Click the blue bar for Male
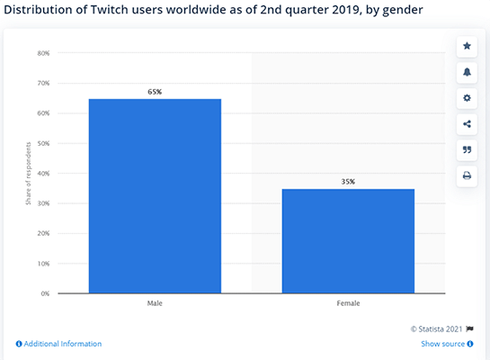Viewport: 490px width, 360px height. (155, 195)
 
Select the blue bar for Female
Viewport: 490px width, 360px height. (348, 240)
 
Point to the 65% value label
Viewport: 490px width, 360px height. (155, 92)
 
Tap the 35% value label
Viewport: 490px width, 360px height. (348, 182)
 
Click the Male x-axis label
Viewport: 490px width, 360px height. (155, 303)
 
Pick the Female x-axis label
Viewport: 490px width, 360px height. (348, 303)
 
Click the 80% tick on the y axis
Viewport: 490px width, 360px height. (43, 53)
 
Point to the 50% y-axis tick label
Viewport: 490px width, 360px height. (43, 143)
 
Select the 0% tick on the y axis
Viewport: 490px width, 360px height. (44, 293)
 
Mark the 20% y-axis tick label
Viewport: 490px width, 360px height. (43, 233)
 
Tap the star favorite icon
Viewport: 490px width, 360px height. (467, 46)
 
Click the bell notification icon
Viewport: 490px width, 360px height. (467, 72)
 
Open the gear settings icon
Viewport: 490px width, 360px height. (467, 98)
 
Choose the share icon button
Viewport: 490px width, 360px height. (467, 124)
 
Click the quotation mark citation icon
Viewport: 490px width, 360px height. (467, 149)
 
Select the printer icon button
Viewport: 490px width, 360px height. (467, 175)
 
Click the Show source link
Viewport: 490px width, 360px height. (442, 344)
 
